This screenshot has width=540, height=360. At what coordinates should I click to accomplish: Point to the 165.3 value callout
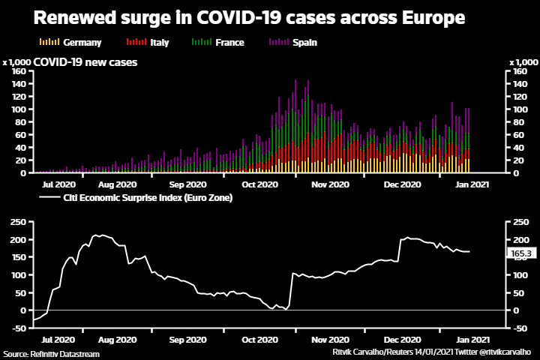click(x=520, y=254)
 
